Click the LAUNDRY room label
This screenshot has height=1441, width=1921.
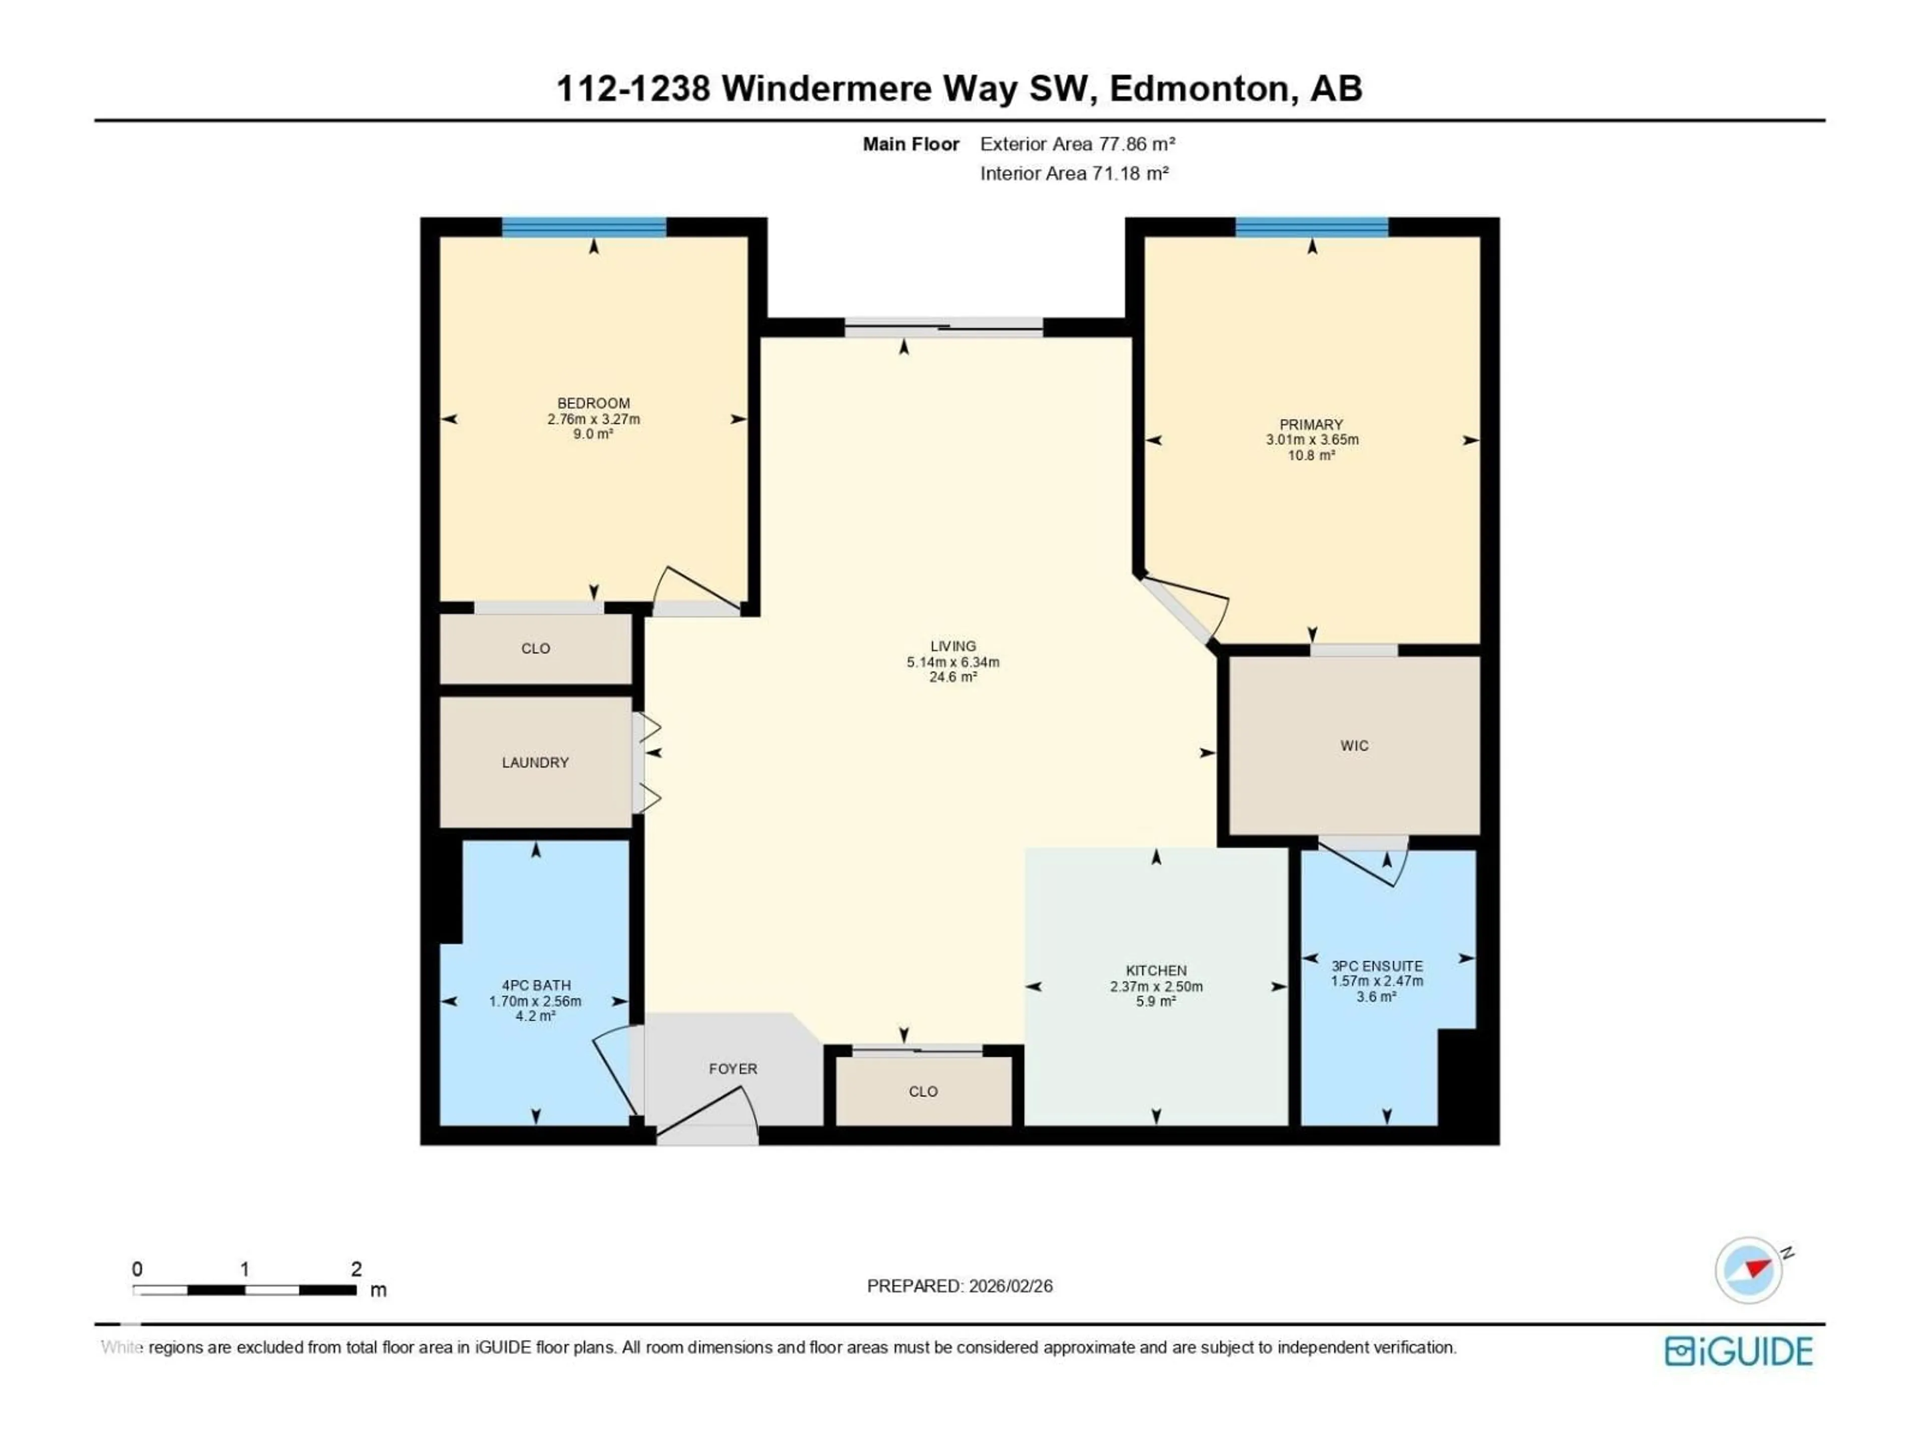(x=535, y=763)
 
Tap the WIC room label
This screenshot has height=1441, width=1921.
(x=1354, y=745)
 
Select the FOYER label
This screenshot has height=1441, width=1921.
(x=733, y=1068)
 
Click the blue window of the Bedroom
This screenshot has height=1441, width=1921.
(x=584, y=228)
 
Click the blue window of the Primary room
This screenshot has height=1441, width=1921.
(x=1311, y=228)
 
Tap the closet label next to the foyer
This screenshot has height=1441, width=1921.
(x=923, y=1092)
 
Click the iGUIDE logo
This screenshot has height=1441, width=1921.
(x=1738, y=1351)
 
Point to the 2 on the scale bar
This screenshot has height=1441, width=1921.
(x=356, y=1269)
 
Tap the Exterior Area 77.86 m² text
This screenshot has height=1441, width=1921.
(x=1077, y=144)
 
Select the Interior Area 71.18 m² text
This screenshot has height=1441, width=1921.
(x=1074, y=174)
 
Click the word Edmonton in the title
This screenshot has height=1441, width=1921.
(x=1199, y=89)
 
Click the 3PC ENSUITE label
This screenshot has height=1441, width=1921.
(x=1377, y=966)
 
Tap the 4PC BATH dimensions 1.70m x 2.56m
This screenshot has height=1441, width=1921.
(x=535, y=1001)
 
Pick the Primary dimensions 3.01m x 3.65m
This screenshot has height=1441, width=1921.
(x=1311, y=439)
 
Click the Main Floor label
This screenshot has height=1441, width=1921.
(x=910, y=144)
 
